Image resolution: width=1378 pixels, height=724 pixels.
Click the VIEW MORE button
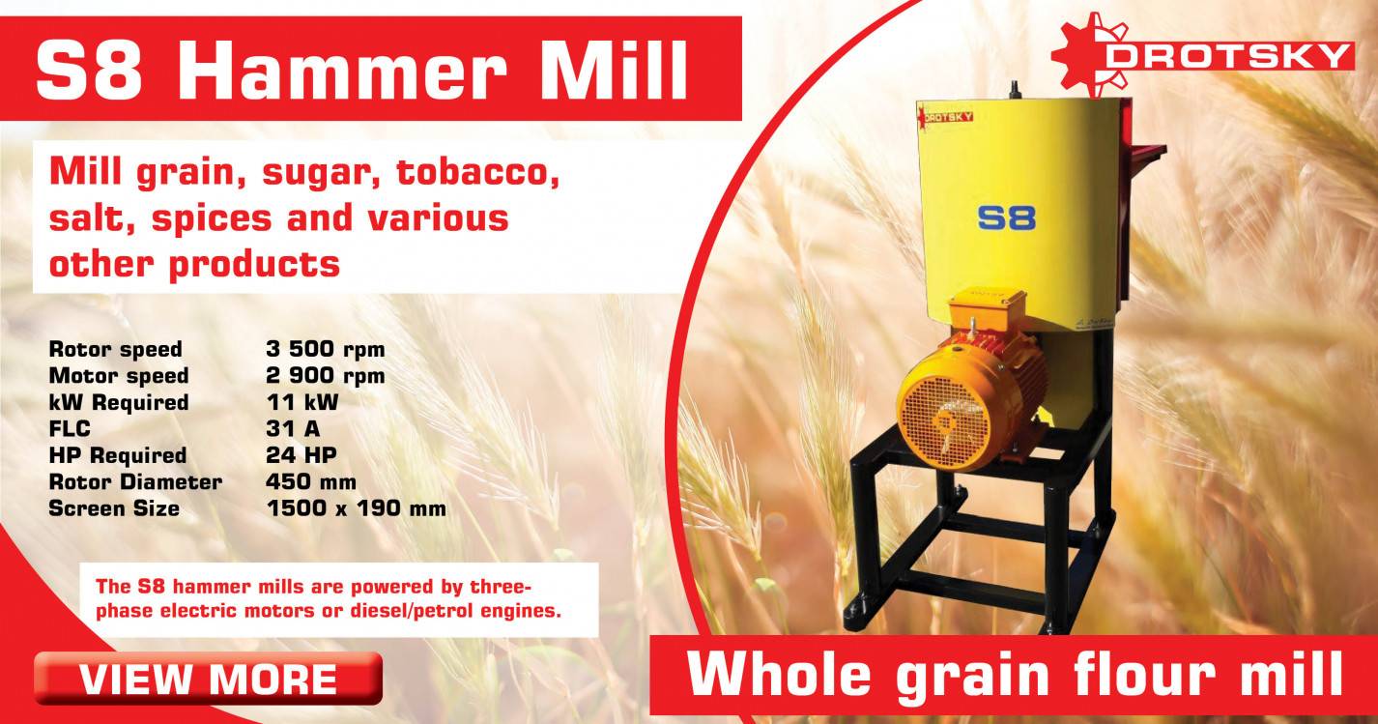click(x=208, y=679)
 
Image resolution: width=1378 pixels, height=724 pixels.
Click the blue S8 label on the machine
click(x=1006, y=217)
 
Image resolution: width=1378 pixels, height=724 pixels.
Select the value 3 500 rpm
click(x=325, y=349)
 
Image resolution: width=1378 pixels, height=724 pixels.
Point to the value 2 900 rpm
click(x=325, y=375)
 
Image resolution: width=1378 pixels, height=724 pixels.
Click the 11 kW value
click(x=301, y=402)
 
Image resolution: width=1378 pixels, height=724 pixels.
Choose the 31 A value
click(x=292, y=428)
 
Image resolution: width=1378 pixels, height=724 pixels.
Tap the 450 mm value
click(x=310, y=481)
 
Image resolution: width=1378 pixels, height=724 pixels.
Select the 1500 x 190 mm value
click(x=355, y=508)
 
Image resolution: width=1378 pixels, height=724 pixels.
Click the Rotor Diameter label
click(x=135, y=481)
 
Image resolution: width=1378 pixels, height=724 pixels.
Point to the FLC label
click(x=70, y=428)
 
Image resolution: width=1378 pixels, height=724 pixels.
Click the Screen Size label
click(x=114, y=508)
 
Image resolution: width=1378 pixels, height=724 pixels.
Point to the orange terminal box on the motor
click(x=984, y=318)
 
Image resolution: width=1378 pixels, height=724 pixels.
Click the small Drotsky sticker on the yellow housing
click(x=947, y=116)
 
